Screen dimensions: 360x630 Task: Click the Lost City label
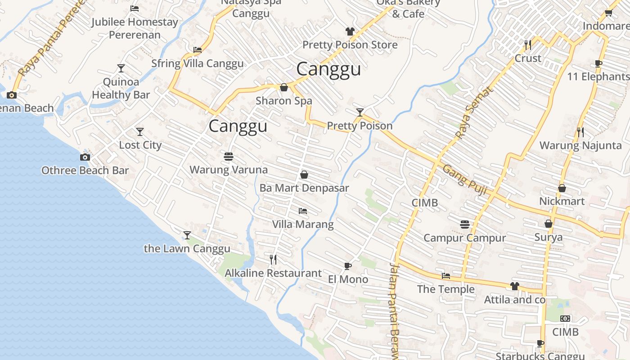point(140,145)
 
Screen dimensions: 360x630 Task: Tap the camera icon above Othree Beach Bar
point(85,157)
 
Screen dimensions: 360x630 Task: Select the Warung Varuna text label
point(229,170)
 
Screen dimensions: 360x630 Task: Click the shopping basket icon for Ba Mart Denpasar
point(304,175)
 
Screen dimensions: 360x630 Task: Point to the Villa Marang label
point(303,224)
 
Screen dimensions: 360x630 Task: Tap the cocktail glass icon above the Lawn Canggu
point(187,235)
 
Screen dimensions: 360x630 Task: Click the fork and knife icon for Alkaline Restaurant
point(273,259)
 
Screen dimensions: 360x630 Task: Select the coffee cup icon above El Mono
point(347,266)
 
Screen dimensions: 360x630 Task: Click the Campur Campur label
point(465,238)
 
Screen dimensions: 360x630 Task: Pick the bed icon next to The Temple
point(445,275)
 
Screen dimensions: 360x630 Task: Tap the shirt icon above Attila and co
point(515,286)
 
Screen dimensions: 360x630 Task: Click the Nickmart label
point(562,201)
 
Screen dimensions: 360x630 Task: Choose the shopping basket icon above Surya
point(548,224)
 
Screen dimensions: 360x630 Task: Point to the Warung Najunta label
point(580,145)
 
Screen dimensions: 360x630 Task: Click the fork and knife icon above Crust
point(528,45)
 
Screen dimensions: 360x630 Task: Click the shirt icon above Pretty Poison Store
point(350,31)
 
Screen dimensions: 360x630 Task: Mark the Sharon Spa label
point(284,100)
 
